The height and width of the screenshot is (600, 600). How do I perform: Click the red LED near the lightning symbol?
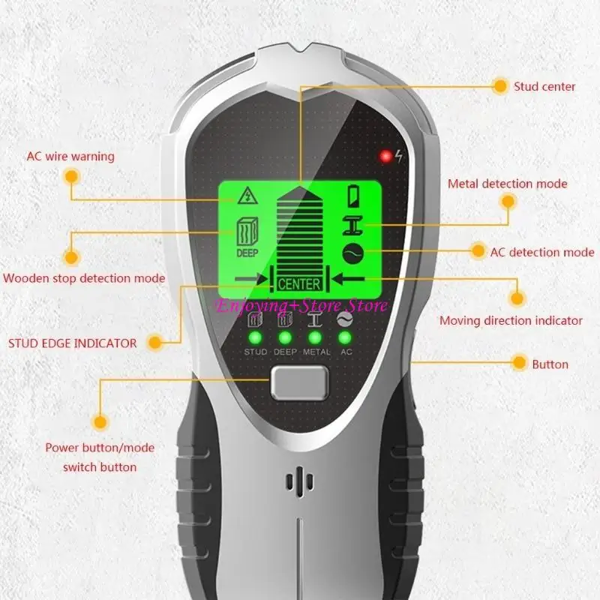[385, 156]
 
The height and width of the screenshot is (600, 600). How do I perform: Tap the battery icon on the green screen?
[353, 196]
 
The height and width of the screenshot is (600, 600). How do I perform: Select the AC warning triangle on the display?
[247, 196]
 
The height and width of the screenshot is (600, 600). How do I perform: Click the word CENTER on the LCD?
[298, 284]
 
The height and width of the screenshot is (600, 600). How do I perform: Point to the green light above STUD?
[255, 338]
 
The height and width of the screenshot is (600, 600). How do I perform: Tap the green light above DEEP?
[285, 338]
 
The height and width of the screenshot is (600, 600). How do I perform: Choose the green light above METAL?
[315, 338]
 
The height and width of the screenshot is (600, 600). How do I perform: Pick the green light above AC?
[345, 338]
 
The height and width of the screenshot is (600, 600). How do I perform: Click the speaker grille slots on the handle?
[299, 481]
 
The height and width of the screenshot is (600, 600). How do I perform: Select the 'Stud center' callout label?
[544, 86]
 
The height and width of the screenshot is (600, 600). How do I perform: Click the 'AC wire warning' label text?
[70, 157]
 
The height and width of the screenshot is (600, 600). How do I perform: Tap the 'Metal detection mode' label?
[508, 184]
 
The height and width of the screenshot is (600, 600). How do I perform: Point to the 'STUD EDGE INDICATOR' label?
[72, 343]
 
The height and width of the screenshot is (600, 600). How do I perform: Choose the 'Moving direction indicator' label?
[511, 321]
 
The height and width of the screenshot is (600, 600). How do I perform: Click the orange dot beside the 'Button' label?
[519, 362]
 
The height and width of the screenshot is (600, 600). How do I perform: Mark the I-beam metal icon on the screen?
[352, 225]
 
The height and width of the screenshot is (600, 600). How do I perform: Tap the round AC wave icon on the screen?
[352, 253]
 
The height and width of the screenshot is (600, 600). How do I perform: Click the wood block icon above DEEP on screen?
[247, 232]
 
